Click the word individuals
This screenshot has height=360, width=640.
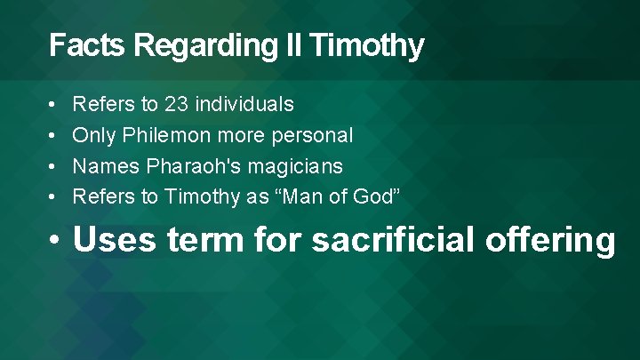[244, 105]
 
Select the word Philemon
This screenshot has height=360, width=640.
[169, 136]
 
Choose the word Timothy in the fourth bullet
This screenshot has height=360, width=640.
[202, 196]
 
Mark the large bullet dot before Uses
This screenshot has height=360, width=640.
[56, 241]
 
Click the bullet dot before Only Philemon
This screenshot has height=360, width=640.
[53, 136]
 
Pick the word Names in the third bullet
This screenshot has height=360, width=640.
[99, 166]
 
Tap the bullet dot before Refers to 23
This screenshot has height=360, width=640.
[53, 106]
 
